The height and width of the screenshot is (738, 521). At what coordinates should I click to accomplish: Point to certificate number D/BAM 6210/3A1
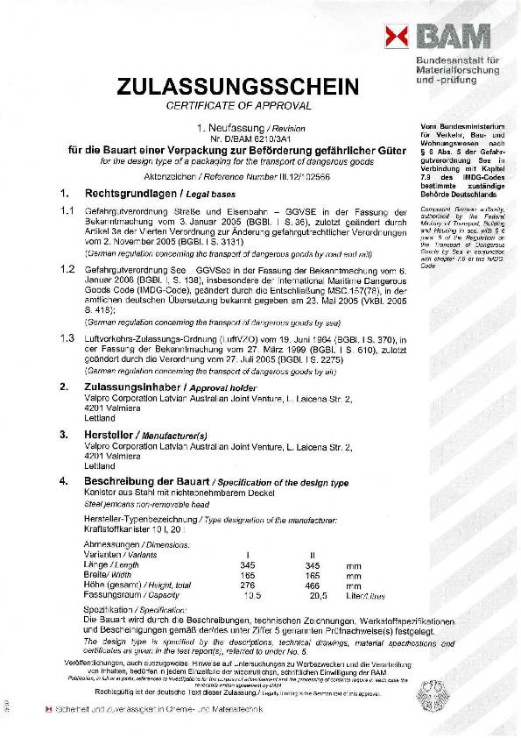tap(234, 138)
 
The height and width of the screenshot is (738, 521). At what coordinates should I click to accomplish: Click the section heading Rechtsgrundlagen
tap(115, 192)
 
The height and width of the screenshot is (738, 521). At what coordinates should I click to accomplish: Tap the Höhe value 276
tap(246, 584)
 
